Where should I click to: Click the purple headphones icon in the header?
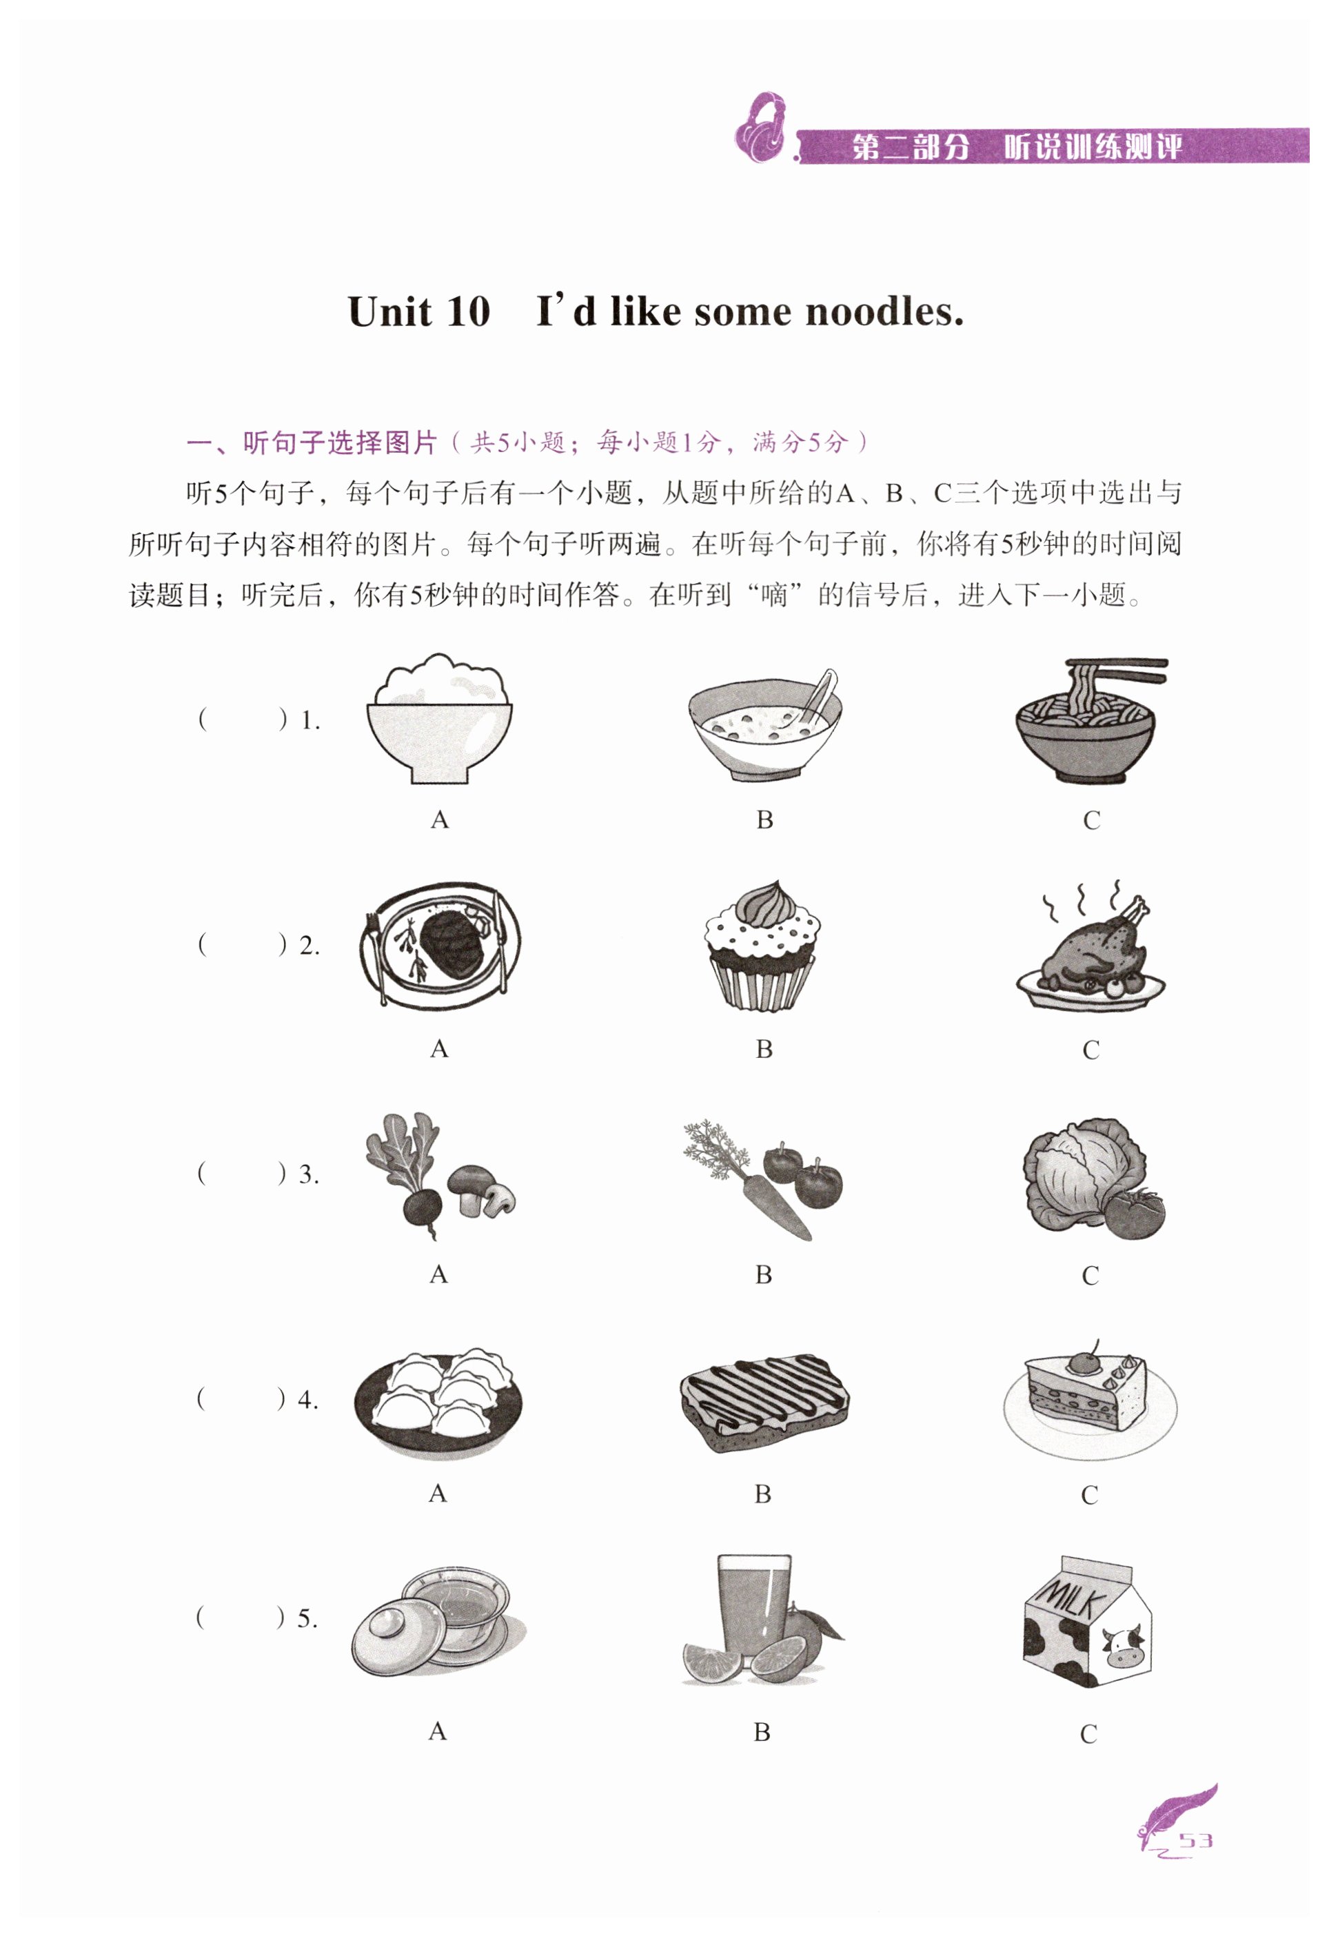(x=761, y=128)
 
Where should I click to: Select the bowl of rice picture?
(x=440, y=718)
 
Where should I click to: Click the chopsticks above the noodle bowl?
(x=1118, y=671)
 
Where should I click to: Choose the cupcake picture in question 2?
(x=762, y=946)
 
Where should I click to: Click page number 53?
(x=1196, y=1840)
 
